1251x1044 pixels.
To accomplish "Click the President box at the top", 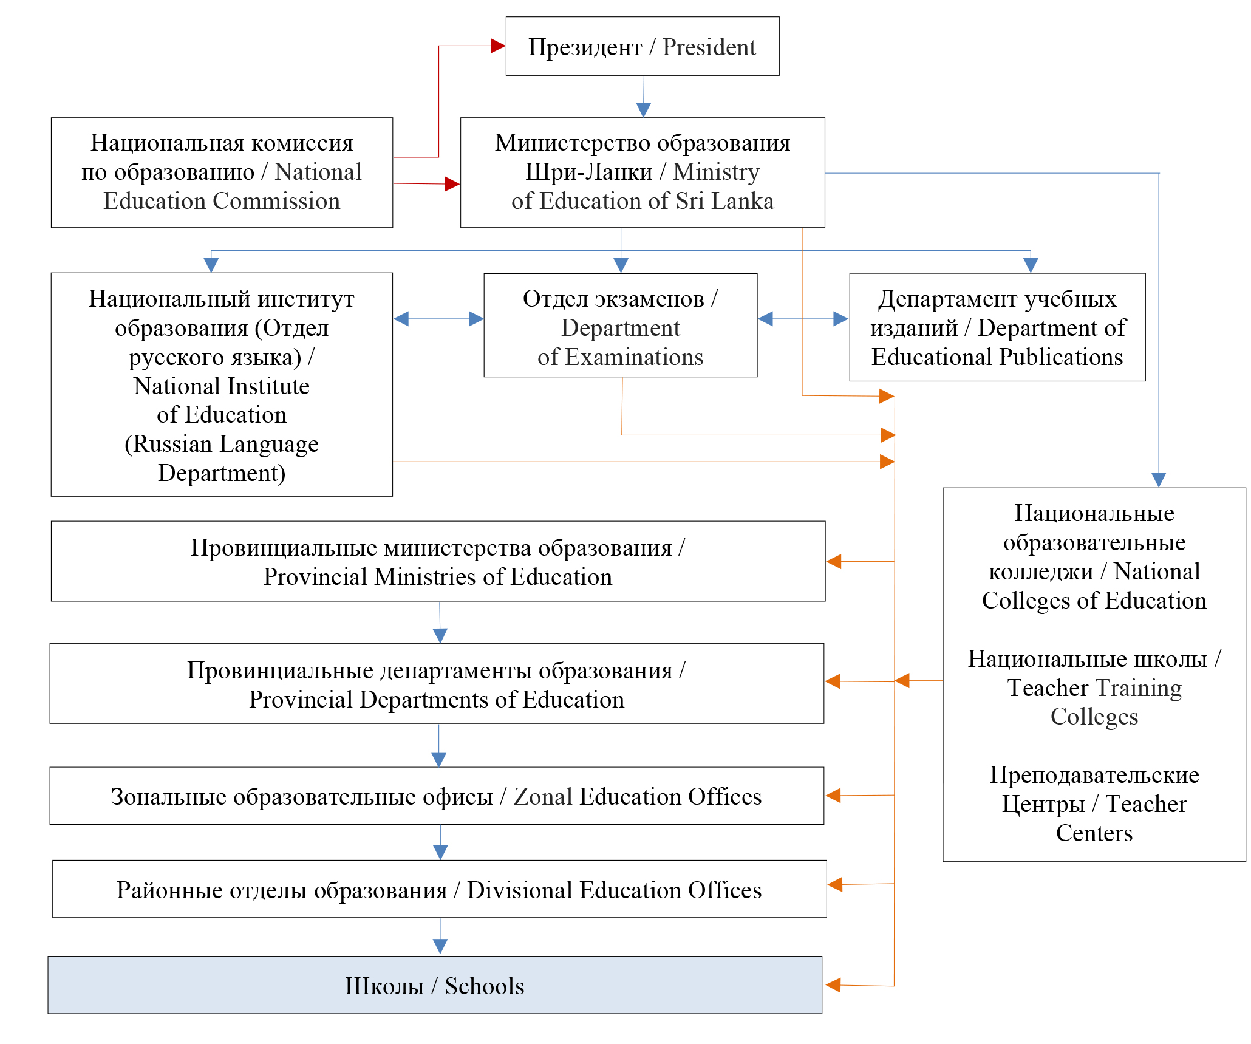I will pos(642,47).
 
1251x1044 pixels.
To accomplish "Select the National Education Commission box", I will pos(222,172).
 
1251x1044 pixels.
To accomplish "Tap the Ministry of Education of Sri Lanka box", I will pos(642,172).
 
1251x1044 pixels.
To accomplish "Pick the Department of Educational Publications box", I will pos(997,327).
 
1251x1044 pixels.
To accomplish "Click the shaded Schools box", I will pos(435,985).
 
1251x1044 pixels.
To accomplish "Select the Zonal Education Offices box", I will pos(436,796).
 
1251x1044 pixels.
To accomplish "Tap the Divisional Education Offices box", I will pos(439,889).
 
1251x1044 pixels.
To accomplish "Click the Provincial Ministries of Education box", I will pos(438,561).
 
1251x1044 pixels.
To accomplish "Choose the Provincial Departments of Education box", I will pos(436,684).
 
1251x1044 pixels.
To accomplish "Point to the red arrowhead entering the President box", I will pos(498,46).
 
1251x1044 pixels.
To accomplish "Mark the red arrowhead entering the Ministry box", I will pos(452,183).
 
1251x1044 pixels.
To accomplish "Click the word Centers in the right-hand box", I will pos(1094,833).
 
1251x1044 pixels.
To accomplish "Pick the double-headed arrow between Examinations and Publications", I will pos(803,319).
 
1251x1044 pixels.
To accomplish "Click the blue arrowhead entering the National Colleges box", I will pos(1158,480).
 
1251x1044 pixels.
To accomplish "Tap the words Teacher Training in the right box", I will pos(1094,688).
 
